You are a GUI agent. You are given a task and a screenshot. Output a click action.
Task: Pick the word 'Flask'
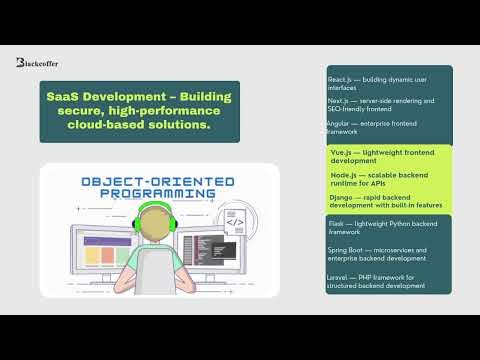pyautogui.click(x=338, y=223)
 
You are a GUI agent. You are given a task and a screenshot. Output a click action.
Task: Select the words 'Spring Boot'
pyautogui.click(x=349, y=249)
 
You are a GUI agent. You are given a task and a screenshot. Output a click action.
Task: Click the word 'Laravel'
pyautogui.click(x=342, y=276)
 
